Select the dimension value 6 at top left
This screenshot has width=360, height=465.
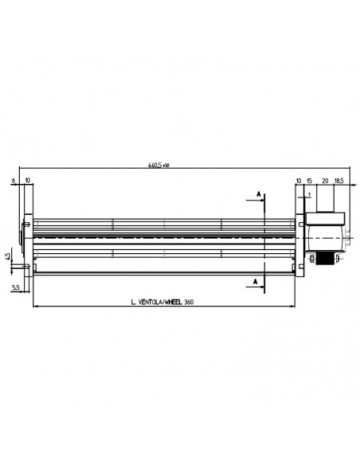tap(15, 182)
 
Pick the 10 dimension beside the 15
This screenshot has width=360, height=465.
tap(298, 182)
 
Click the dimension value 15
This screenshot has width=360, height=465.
tap(309, 182)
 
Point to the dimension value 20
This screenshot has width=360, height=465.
tap(324, 182)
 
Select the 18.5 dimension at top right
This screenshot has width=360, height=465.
tap(340, 182)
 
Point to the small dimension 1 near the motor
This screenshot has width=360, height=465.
tap(307, 193)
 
